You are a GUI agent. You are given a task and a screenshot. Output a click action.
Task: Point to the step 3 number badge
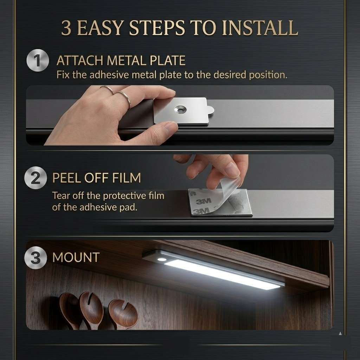(35, 258)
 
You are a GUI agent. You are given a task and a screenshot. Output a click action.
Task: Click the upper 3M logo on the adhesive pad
(204, 201)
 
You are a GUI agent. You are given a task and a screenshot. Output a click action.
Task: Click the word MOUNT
(76, 257)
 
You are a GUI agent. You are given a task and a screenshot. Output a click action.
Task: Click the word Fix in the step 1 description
(63, 75)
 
